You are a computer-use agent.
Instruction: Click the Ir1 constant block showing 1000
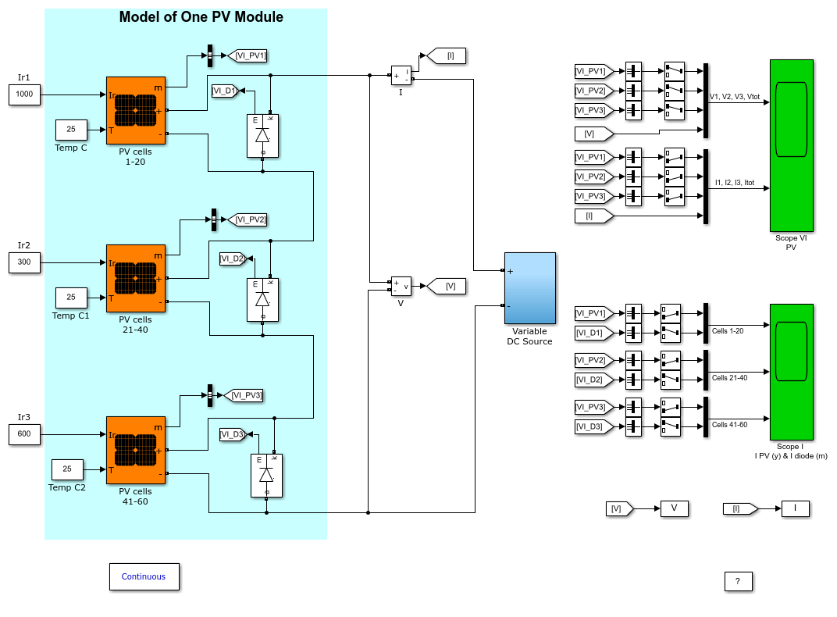24,95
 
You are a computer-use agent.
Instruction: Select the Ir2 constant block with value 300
24,262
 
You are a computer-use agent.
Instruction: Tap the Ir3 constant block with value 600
24,434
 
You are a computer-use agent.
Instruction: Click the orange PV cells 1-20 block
136,110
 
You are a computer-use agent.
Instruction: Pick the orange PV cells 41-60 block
136,450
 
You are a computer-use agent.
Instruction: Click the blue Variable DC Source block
530,288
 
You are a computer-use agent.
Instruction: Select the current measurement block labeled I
401,76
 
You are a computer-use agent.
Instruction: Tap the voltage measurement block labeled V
401,286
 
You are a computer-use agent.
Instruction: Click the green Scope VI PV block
791,146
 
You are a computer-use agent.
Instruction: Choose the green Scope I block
791,372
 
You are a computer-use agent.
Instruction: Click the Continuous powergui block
144,576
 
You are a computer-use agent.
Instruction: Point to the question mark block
739,582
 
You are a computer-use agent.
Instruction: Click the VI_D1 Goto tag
225,91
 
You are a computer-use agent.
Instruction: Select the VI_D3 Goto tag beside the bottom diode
233,434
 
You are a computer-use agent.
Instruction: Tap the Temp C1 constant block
71,298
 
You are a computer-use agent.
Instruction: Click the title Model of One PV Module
201,17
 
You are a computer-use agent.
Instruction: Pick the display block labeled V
674,508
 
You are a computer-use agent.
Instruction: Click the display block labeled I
796,508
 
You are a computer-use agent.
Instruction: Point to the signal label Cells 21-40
730,378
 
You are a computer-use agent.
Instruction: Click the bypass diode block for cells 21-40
262,300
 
